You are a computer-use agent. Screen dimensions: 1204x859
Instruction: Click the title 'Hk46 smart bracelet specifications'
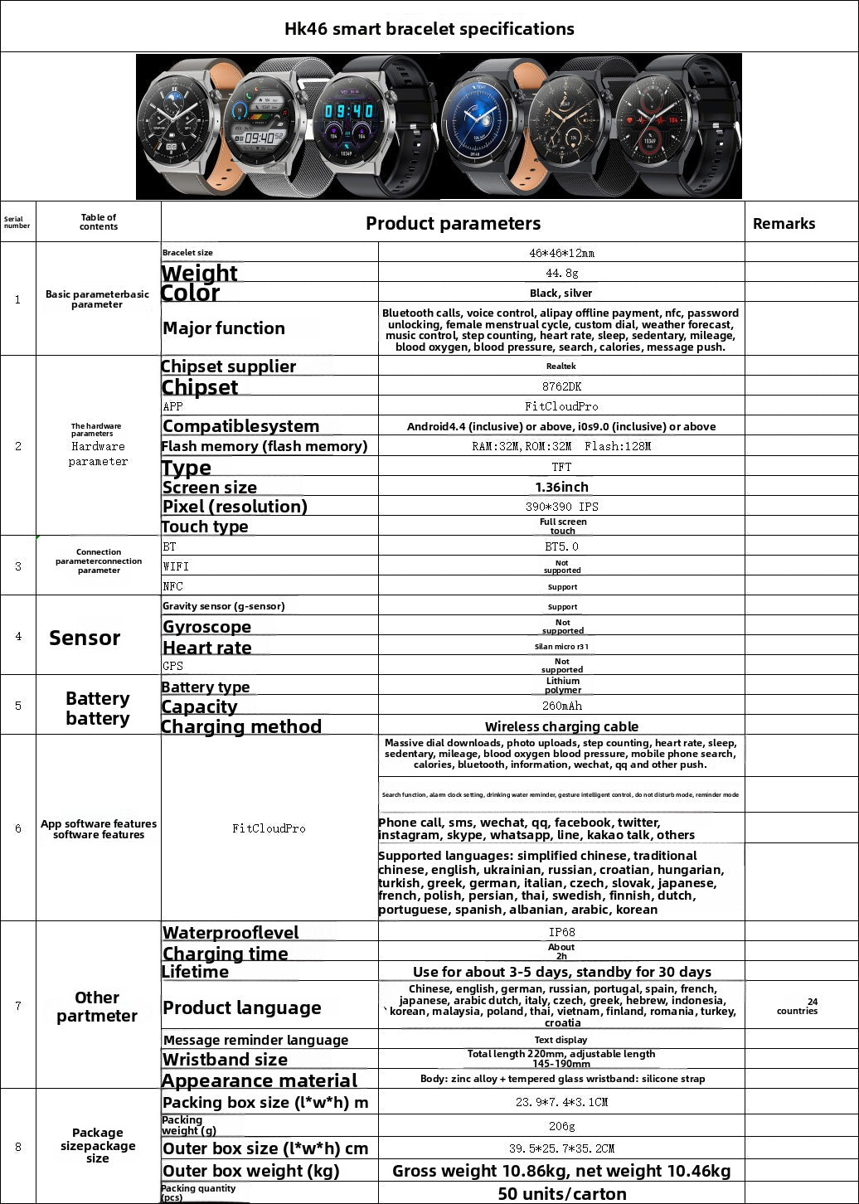(x=429, y=29)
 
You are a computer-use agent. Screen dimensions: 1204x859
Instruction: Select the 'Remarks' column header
(x=784, y=223)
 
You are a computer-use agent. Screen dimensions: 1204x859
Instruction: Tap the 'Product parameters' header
(x=453, y=223)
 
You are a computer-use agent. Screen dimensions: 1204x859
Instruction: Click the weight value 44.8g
(x=561, y=273)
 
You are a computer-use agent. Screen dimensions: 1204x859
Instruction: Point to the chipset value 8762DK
(x=561, y=386)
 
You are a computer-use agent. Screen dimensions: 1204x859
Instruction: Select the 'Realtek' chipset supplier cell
(x=561, y=366)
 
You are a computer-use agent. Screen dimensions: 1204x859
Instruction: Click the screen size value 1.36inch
(x=561, y=487)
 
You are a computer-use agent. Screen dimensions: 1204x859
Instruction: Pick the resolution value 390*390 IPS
(x=561, y=507)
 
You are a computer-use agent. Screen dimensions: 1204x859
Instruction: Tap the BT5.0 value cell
(x=561, y=546)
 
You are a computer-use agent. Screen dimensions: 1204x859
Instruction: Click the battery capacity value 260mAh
(x=561, y=706)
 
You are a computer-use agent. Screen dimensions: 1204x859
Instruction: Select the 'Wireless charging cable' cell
(x=561, y=726)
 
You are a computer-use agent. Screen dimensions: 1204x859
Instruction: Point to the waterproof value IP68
(x=561, y=932)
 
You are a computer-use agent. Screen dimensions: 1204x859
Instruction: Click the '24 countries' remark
(x=797, y=1006)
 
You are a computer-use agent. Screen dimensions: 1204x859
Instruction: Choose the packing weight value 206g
(x=561, y=1126)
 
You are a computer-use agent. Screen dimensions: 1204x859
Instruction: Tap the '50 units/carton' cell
(x=561, y=1193)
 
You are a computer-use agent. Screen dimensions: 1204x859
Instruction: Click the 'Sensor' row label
(x=85, y=638)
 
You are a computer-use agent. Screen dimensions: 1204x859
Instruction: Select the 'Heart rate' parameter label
(x=207, y=648)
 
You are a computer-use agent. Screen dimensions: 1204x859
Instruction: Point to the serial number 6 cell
(x=18, y=828)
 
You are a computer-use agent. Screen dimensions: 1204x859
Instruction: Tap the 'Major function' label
(x=224, y=328)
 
